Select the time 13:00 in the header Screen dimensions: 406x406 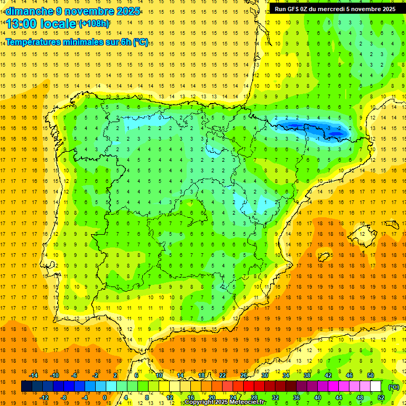point(22,24)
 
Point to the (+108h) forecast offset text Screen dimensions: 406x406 point(94,24)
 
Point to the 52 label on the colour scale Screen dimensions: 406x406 point(381,398)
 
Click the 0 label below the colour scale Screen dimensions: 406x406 point(105,398)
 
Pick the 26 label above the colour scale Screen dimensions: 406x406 point(244,375)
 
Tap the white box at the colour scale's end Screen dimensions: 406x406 point(375,386)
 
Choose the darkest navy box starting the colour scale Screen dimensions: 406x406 point(26,386)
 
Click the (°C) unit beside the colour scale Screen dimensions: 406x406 point(393,386)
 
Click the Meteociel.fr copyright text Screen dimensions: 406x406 point(225,402)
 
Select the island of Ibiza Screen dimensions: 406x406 point(323,257)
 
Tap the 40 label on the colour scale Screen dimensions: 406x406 point(318,398)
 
